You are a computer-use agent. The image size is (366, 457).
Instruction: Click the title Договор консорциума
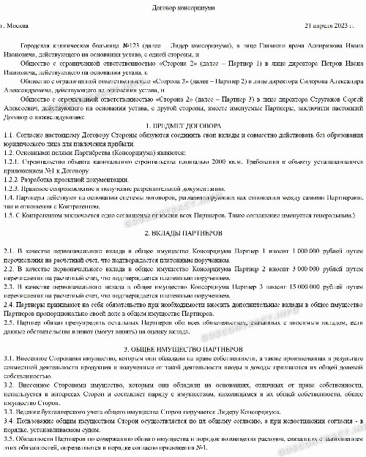(182, 7)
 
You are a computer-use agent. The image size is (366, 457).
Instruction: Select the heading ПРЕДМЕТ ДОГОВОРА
(187, 126)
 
